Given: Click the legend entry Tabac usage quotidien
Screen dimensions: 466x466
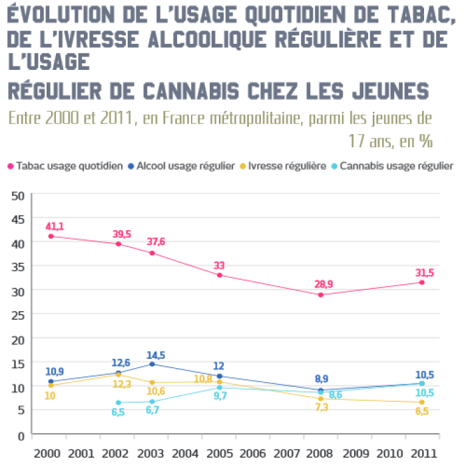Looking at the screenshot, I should coord(65,166).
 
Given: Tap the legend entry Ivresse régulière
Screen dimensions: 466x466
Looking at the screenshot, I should coord(286,166).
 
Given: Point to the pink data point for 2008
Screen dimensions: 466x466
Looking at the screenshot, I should coord(321,294).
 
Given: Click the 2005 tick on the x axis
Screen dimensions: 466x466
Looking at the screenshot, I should coord(219,453).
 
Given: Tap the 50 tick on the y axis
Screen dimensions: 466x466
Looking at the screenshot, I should coord(18,195).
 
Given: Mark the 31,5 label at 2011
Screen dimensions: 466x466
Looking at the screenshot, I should coord(421,272).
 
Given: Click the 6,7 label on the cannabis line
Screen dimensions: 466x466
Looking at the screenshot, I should coord(153,411).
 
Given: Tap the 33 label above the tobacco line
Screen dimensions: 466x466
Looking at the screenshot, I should coord(219,266).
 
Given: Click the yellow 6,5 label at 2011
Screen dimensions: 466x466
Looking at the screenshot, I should coord(421,412).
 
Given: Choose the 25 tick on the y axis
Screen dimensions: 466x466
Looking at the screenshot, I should coord(18,314).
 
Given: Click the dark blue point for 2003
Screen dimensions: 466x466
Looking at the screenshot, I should coord(152,364).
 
